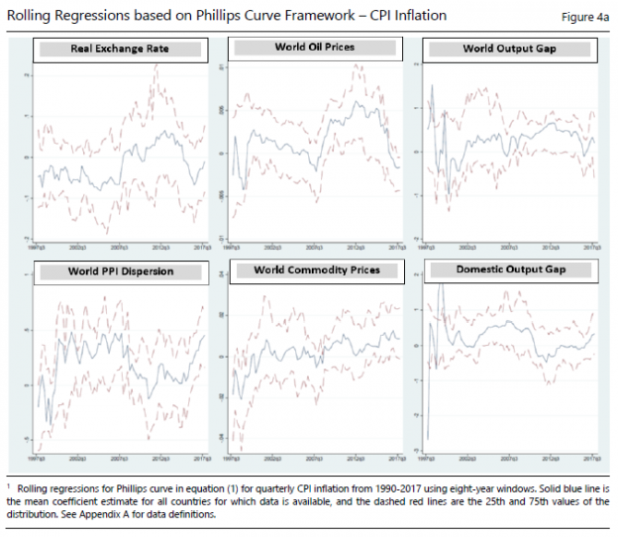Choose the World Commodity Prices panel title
point(316,269)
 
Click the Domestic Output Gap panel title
point(511,269)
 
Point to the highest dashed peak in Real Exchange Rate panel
point(160,66)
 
